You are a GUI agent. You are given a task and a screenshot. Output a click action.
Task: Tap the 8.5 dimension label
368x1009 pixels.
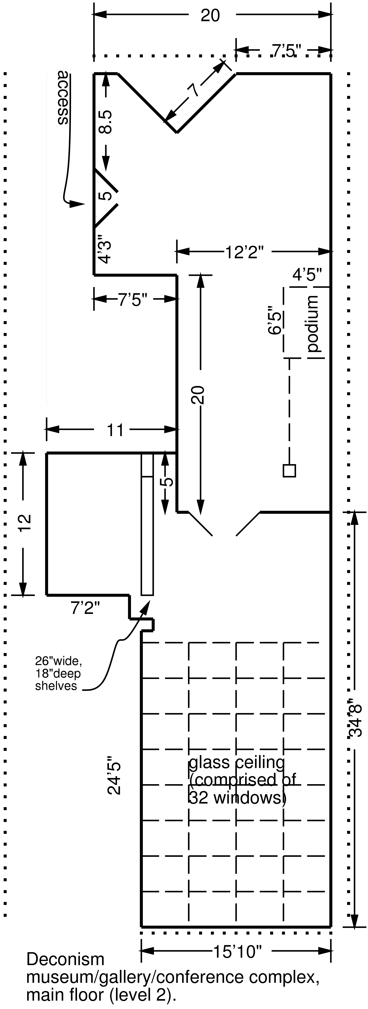pos(106,122)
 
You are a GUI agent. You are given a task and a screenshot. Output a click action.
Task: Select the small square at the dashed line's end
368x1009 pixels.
pos(289,470)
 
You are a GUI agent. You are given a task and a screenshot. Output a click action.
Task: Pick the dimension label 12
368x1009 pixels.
pos(24,524)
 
